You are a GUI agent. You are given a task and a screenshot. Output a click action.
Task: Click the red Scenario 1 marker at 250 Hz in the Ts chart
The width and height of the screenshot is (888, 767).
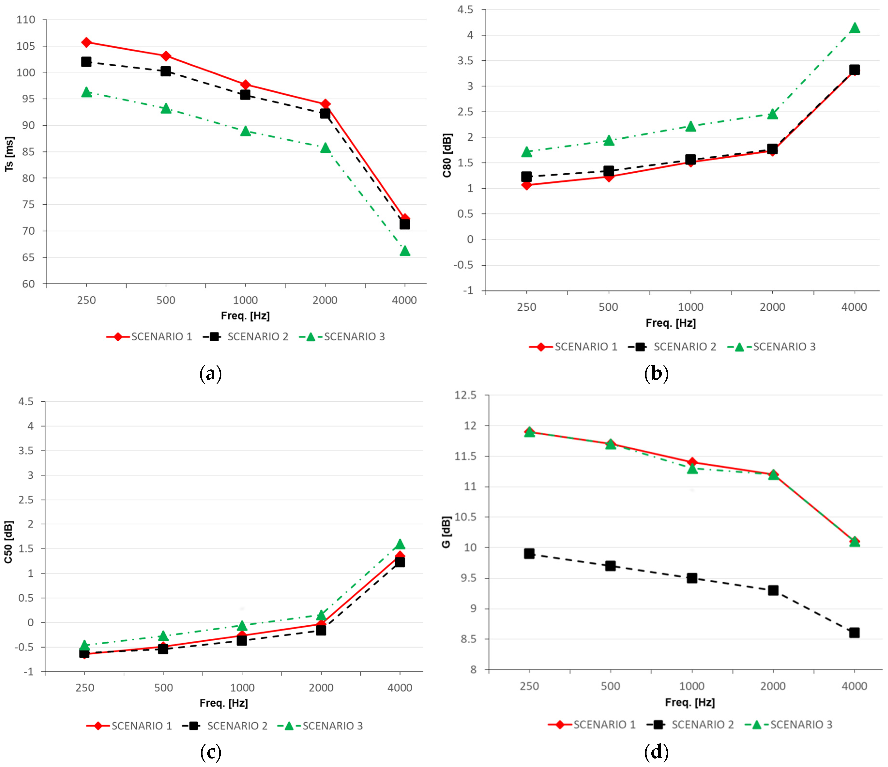(86, 42)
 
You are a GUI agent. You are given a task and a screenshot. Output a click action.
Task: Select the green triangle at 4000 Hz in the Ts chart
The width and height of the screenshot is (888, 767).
(405, 251)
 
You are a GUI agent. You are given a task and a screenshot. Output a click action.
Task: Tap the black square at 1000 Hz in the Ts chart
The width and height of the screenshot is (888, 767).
(245, 95)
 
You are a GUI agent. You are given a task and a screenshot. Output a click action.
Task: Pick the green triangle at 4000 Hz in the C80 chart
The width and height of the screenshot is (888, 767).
(855, 28)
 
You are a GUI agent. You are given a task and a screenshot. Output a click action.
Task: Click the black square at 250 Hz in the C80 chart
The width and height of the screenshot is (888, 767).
(526, 177)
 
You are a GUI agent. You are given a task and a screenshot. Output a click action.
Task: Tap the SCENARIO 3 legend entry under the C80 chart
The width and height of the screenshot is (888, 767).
(771, 347)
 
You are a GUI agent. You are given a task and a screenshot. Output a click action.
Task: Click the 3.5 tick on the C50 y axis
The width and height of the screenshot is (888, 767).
(25, 451)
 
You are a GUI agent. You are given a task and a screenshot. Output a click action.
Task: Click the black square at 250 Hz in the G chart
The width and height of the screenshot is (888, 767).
(529, 553)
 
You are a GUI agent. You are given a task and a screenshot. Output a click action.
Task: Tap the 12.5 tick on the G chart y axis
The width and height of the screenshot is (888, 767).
(466, 395)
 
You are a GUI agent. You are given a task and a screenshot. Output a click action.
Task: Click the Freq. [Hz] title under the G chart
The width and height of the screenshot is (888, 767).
(690, 702)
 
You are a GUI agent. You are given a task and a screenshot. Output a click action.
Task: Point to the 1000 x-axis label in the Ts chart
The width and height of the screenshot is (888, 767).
(245, 300)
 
